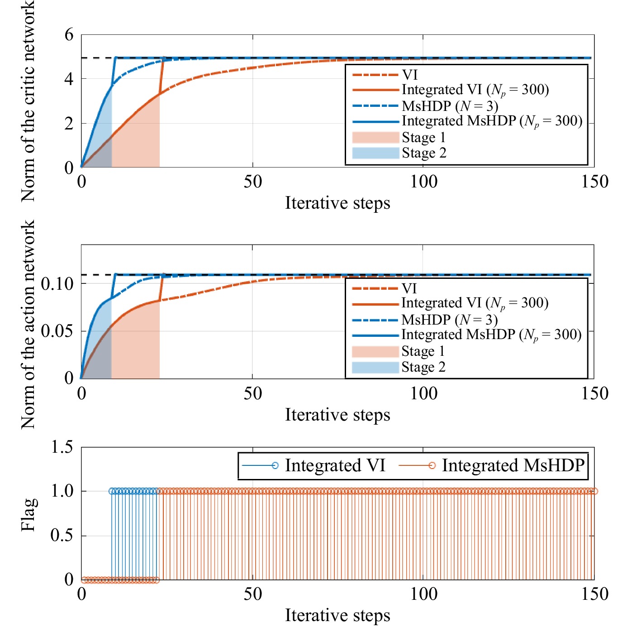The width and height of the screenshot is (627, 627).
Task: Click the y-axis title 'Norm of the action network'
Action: pos(28,324)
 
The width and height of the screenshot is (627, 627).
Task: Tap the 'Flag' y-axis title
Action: pos(29,514)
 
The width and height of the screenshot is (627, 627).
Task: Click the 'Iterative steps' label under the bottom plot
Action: pos(337,615)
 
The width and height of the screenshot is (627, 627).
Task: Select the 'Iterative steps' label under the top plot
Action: pos(337,203)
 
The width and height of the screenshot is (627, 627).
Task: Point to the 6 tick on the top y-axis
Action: pos(69,34)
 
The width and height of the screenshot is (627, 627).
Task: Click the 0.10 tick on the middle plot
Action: pos(57,284)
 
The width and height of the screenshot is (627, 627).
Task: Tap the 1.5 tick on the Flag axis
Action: pos(62,447)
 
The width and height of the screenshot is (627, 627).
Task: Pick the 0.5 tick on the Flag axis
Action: pos(62,535)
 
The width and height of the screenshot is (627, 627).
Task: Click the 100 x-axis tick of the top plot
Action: pos(423,182)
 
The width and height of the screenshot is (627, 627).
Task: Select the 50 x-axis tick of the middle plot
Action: pos(252,393)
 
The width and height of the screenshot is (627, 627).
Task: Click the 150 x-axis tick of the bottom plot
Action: pos(594,594)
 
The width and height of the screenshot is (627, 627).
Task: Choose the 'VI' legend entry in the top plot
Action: pos(410,75)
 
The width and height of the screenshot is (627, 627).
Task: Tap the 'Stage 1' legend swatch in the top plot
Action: pos(375,137)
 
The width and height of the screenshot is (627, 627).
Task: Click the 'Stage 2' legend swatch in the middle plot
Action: pos(375,367)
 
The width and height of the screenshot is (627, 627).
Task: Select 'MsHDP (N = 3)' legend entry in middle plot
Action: pos(449,320)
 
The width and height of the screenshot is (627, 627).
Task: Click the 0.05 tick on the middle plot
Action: pos(57,331)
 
